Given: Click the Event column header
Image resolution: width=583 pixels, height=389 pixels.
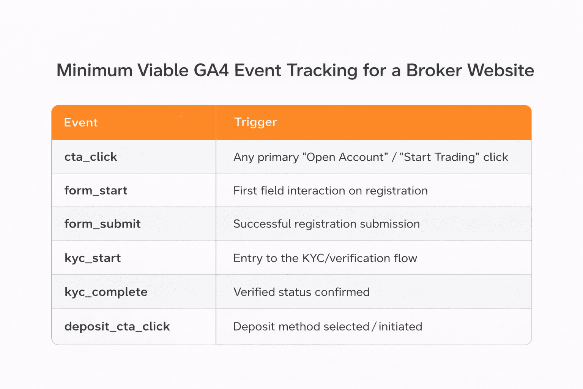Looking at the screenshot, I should (81, 123).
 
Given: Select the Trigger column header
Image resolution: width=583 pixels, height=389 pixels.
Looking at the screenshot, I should (255, 122).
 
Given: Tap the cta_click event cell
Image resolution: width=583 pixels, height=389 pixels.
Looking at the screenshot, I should (91, 157).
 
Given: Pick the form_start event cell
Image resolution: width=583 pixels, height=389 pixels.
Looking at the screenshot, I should (96, 190).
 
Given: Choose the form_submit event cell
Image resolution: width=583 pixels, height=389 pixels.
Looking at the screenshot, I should (102, 224).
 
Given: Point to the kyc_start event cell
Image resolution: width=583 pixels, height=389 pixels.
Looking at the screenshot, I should (93, 258).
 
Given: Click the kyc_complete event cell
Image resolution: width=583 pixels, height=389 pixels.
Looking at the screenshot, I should (106, 292).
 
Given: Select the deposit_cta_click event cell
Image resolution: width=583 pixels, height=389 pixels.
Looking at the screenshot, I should (117, 326).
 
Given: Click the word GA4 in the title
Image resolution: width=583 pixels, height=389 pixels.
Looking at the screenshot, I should (211, 70).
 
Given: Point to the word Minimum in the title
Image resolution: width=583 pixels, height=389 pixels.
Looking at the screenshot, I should (94, 70).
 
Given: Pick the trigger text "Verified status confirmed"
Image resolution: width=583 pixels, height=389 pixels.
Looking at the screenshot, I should (301, 292).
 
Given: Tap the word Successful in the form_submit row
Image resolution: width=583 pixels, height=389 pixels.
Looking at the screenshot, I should (262, 224).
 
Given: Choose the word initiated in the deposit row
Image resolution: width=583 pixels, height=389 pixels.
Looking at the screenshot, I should (400, 327).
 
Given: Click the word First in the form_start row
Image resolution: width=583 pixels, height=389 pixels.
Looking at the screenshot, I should (245, 191).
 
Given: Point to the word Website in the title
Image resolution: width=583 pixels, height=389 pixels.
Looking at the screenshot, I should (500, 70).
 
